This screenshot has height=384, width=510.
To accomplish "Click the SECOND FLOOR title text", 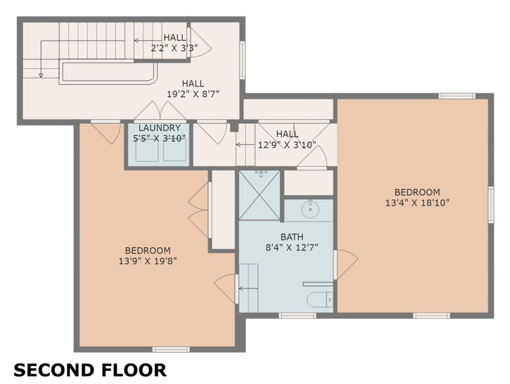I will [x=90, y=370].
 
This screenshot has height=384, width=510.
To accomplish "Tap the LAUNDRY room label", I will [x=159, y=128].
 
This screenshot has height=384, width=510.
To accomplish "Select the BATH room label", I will [x=292, y=237].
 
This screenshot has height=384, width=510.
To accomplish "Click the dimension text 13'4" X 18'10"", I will [x=417, y=203].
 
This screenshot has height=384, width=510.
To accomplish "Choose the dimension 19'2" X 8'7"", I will [x=193, y=94].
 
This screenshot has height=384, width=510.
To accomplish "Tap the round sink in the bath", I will [x=310, y=210].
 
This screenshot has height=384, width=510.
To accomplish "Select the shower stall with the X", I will [x=259, y=195].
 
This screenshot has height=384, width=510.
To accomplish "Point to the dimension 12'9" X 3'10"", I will [x=287, y=145].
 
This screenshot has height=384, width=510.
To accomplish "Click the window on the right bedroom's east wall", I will [x=491, y=204].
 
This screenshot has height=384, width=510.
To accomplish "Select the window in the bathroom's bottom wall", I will [x=297, y=316].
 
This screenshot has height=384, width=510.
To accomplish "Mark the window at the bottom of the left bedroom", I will [x=171, y=349].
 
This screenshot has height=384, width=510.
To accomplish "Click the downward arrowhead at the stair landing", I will [x=41, y=75].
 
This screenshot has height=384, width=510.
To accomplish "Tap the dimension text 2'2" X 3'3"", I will [x=174, y=48].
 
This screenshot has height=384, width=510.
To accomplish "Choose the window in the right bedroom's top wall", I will [x=456, y=95].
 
